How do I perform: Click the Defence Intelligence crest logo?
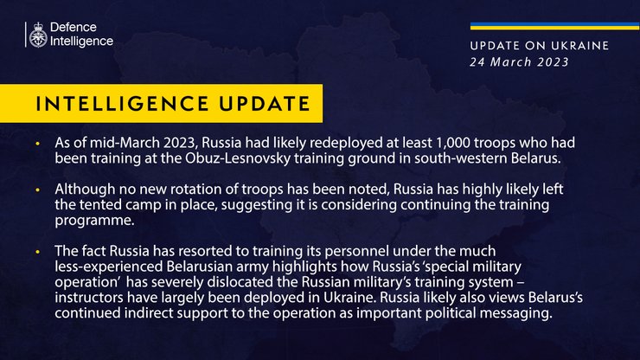point(38,35)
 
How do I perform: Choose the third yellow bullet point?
point(37,251)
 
